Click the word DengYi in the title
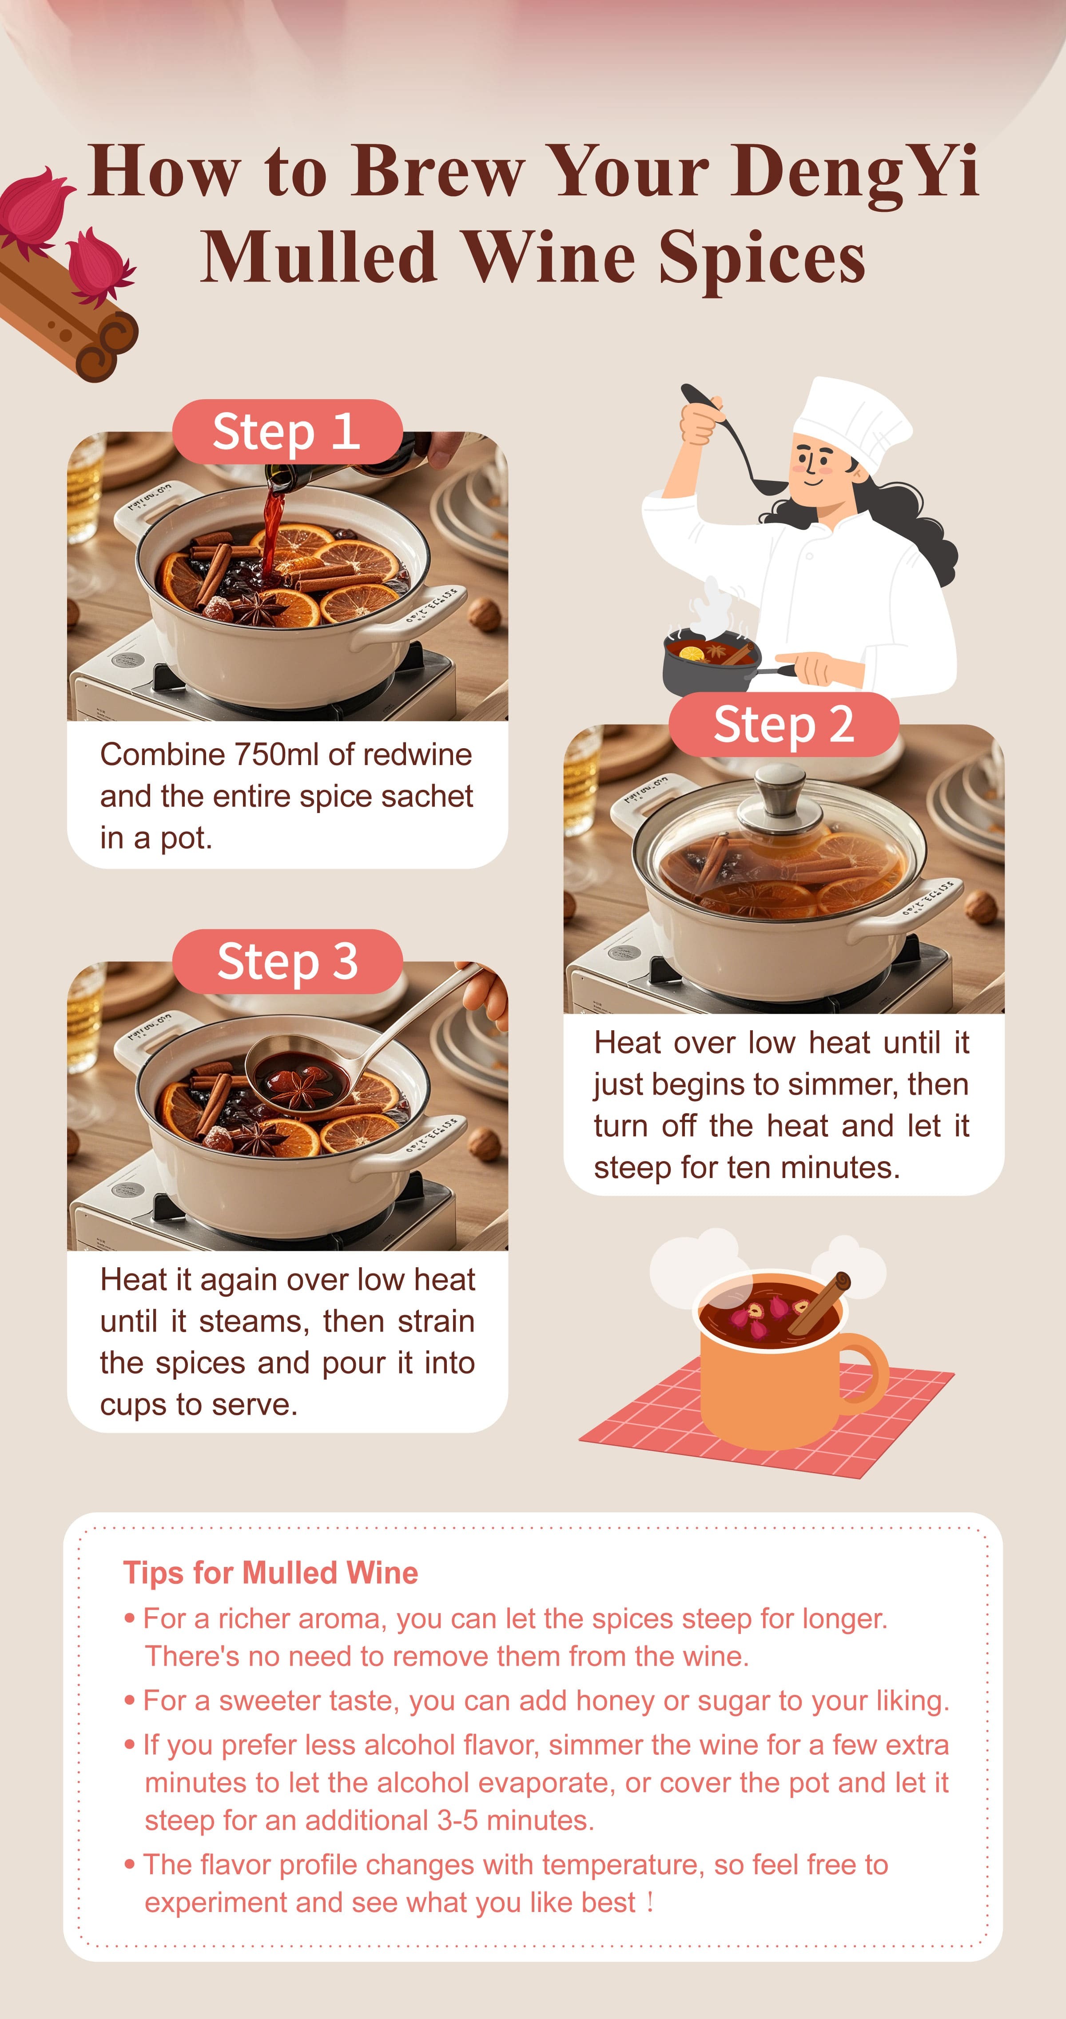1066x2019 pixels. [x=855, y=172]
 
